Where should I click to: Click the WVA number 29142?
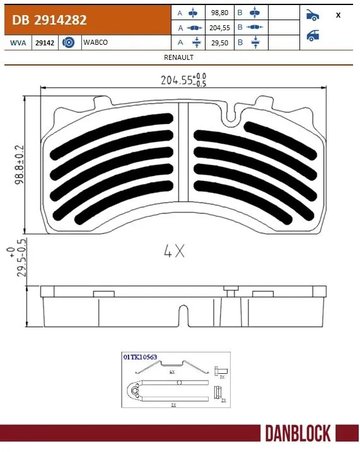44,44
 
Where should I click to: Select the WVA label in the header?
15,44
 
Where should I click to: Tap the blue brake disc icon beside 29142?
68,44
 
